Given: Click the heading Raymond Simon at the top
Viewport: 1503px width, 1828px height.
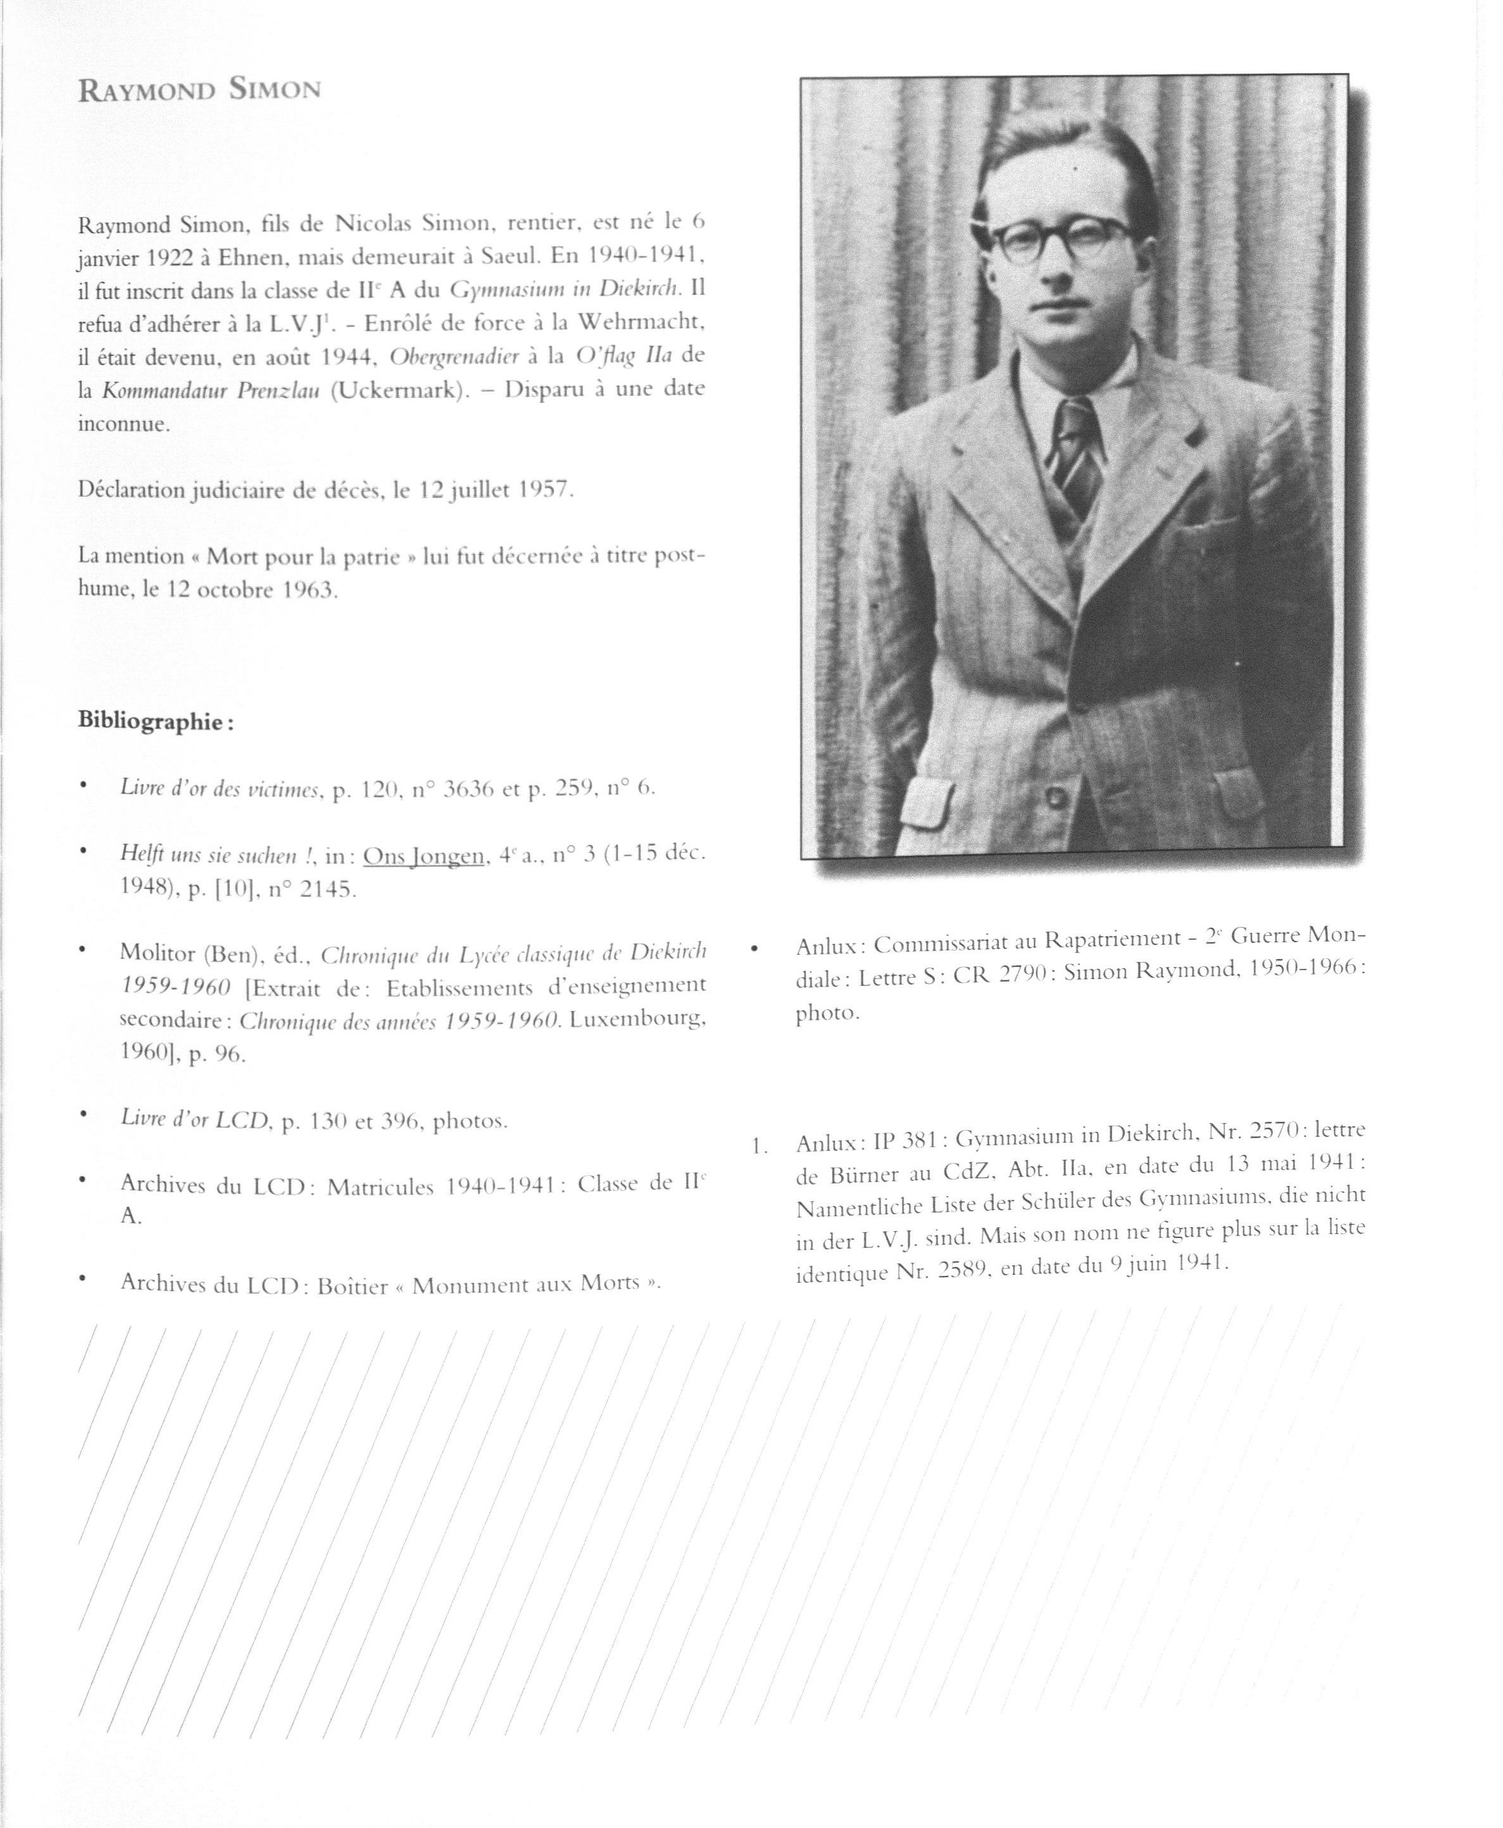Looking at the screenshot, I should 199,90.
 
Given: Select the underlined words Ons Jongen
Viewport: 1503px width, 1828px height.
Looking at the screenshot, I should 423,856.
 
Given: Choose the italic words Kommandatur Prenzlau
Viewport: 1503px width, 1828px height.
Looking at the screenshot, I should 211,390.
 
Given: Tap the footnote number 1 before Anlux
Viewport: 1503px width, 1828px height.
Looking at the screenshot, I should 758,1147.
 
